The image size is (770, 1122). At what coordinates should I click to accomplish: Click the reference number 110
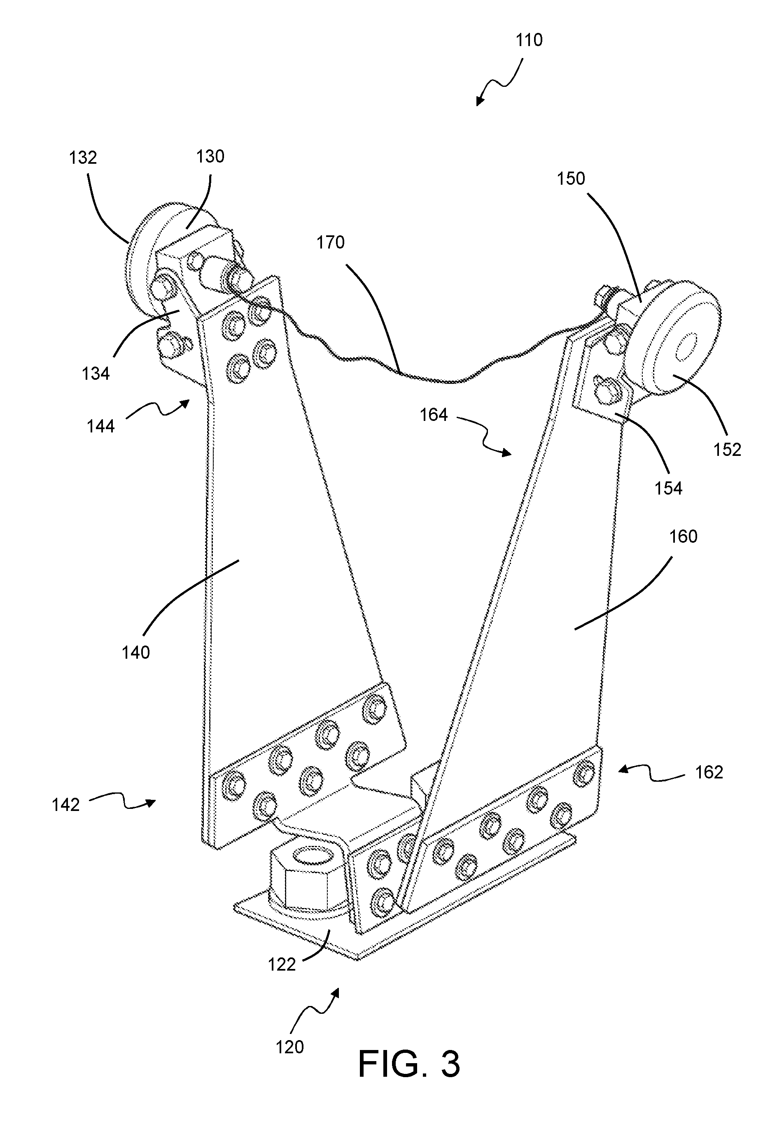(x=529, y=40)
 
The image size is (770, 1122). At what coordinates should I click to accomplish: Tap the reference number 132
(x=83, y=158)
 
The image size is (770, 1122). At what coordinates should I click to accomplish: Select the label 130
(x=210, y=156)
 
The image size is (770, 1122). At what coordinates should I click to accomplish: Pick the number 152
(x=727, y=449)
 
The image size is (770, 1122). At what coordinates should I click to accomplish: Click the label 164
(x=433, y=415)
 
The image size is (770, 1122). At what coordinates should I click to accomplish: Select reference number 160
(x=683, y=537)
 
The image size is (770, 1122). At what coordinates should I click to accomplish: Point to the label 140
(x=136, y=652)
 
